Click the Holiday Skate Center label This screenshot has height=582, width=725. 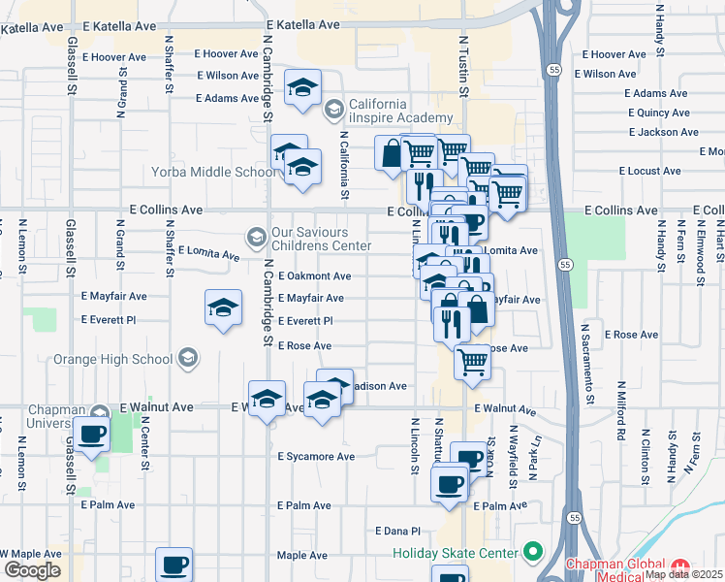456,554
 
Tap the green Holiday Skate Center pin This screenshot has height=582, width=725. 531,553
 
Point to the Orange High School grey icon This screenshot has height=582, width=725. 188,359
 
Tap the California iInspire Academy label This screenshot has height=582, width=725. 392,111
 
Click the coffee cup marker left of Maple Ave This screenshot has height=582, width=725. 174,564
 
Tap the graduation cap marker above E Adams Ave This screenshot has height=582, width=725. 303,88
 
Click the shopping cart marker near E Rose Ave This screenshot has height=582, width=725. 472,361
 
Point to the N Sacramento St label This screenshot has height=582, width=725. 587,363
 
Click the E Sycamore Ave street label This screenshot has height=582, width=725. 316,456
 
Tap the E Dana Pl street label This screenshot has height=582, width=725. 397,531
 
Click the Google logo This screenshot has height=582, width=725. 32,570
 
